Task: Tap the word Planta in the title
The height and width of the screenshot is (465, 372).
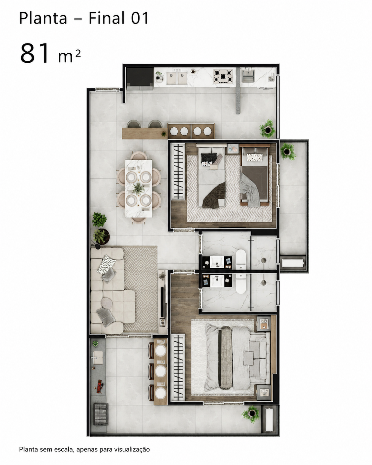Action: tap(43, 18)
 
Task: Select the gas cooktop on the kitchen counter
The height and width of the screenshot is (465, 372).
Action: tap(223, 76)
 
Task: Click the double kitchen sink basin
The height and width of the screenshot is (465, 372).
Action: tap(177, 78)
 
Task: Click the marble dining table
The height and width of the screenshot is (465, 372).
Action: tap(139, 188)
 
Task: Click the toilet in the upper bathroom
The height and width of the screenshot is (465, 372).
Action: tap(241, 259)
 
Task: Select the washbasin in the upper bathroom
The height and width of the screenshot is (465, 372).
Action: tap(217, 262)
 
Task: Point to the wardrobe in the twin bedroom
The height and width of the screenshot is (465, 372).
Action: tap(178, 172)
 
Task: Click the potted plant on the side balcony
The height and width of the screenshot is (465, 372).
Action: tap(288, 152)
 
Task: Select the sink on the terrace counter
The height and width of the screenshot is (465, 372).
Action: tap(98, 358)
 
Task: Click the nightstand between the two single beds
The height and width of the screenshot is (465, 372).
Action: tap(233, 149)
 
